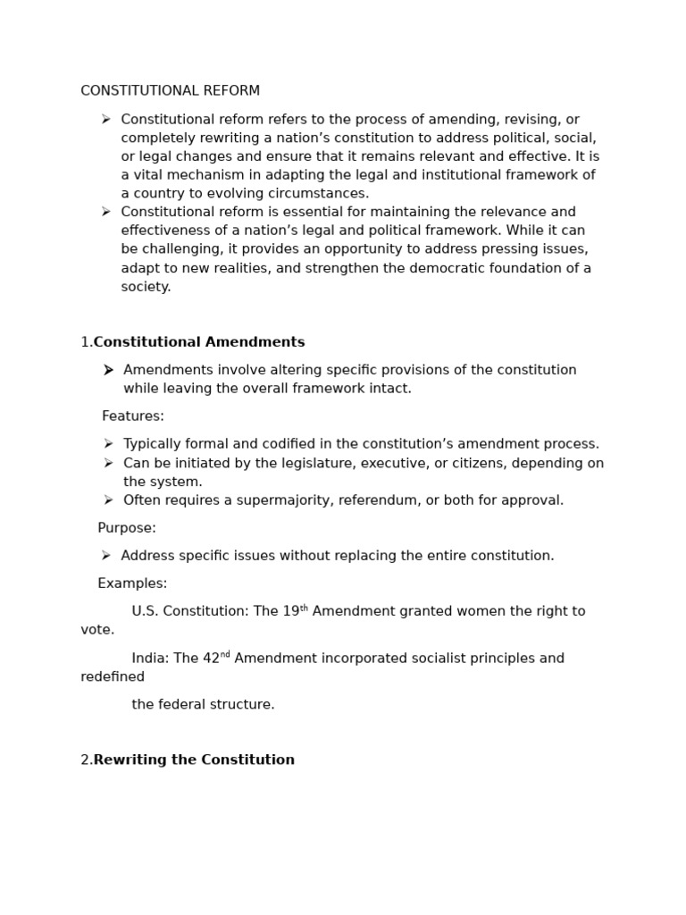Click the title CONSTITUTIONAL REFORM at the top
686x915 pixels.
tap(170, 91)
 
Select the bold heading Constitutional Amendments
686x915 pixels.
tap(199, 342)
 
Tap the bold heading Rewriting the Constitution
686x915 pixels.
tap(194, 760)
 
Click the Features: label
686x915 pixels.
tap(133, 416)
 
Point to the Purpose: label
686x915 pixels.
tap(127, 528)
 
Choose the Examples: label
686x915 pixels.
tap(132, 583)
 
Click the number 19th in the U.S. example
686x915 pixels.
tap(295, 611)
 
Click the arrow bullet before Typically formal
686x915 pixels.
tap(108, 444)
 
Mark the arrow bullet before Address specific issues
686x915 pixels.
tap(106, 556)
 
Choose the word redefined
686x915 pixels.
tap(113, 677)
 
